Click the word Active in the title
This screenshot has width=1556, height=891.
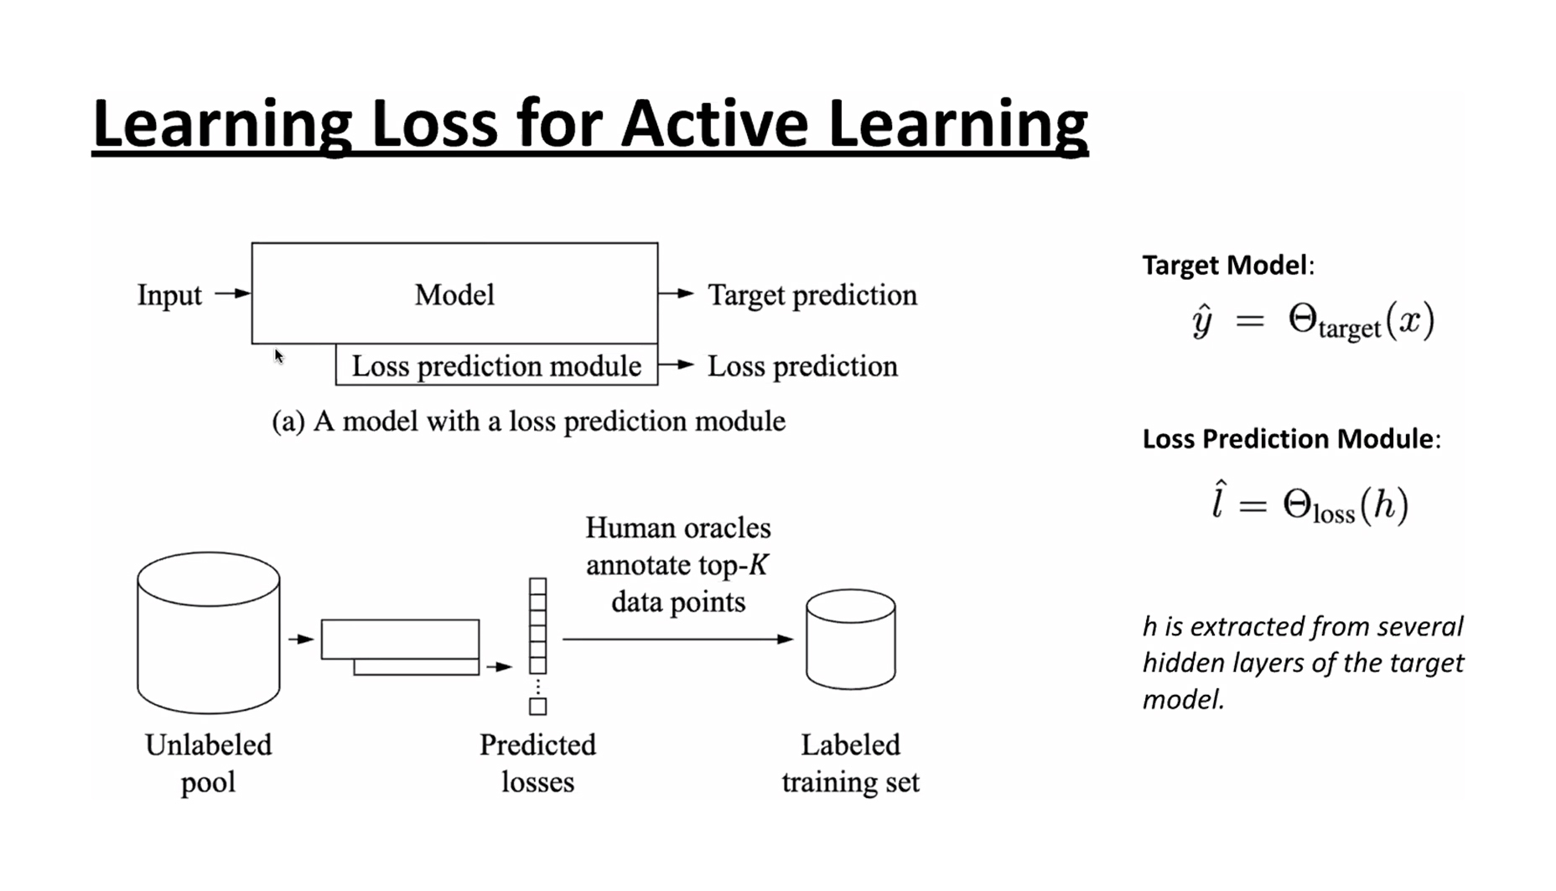click(716, 123)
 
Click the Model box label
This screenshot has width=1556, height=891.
click(454, 295)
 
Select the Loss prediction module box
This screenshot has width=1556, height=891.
click(496, 365)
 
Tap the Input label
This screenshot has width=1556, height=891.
click(169, 295)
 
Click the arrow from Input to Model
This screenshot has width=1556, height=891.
click(232, 293)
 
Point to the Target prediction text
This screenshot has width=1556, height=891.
click(812, 295)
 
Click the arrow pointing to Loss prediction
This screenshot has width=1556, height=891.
click(677, 365)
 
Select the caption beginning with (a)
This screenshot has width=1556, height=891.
click(529, 421)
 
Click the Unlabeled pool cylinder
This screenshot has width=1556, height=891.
click(209, 633)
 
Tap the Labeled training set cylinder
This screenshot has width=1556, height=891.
click(851, 639)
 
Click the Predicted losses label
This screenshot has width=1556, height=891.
click(537, 763)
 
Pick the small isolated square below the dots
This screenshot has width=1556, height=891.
click(538, 707)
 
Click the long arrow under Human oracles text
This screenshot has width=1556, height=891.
click(677, 640)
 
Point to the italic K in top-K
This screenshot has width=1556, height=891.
click(758, 565)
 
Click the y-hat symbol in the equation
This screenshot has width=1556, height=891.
click(1202, 321)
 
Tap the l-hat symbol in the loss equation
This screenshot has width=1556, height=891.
click(1219, 500)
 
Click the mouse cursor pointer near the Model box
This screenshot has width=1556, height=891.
click(279, 356)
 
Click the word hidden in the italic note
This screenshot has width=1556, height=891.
click(1184, 663)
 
